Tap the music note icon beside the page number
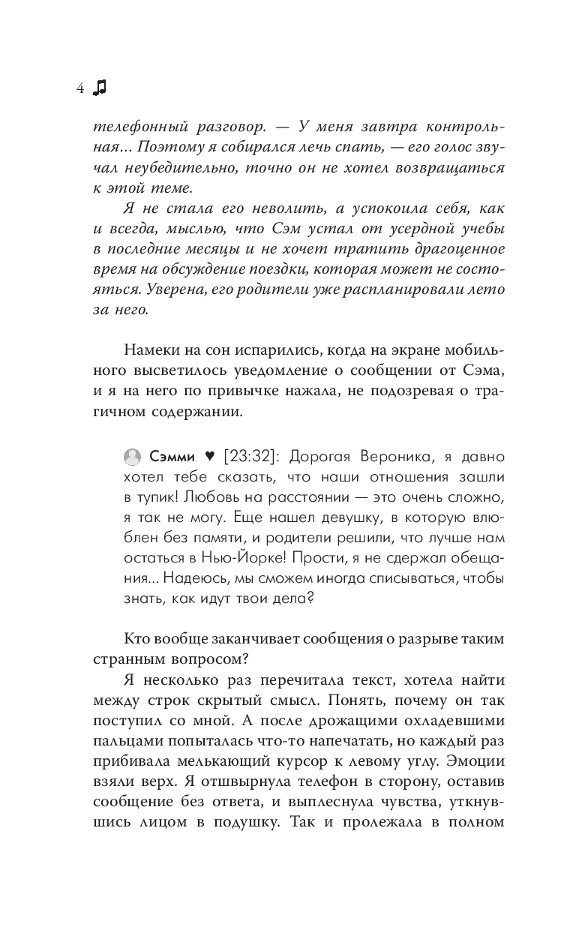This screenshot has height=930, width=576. click(x=99, y=88)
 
